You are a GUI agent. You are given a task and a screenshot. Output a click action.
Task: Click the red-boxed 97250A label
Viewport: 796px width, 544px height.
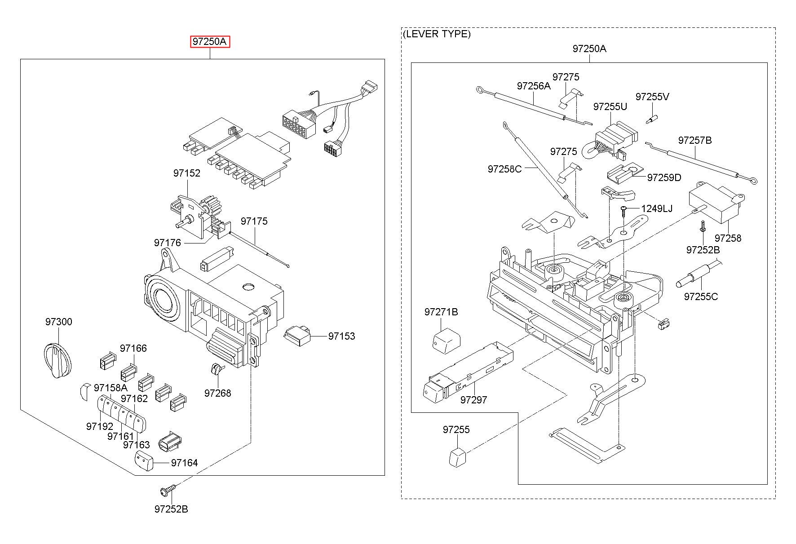pos(210,42)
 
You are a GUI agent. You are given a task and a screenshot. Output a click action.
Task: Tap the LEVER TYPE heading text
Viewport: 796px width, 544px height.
pos(437,34)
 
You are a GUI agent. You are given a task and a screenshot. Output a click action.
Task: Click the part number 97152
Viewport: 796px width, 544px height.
pos(187,173)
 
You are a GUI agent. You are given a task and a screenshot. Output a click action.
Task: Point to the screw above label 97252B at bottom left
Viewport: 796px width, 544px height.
pos(168,490)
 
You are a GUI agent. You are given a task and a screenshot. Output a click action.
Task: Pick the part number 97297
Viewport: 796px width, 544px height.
pos(473,400)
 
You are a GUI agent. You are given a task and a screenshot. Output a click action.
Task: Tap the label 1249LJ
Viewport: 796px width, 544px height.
pos(657,208)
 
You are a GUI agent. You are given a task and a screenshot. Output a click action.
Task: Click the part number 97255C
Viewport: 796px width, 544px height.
pos(701,296)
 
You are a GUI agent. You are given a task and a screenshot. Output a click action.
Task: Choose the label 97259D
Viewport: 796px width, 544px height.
pos(664,177)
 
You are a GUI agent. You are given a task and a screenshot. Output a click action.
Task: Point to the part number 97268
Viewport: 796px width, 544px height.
pos(217,393)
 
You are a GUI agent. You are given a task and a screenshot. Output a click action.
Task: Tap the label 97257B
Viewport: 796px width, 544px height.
pos(695,140)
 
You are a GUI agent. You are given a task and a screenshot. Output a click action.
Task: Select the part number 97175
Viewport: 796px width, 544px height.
pos(254,221)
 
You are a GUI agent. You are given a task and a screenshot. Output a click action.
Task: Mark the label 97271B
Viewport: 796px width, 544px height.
pos(441,312)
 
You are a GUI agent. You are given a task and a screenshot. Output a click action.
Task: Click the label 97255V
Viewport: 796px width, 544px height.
pos(652,97)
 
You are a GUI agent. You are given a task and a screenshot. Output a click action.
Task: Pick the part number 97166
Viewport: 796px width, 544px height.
pos(133,348)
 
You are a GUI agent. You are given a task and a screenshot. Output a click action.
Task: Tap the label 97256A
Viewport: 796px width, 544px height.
pos(534,86)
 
